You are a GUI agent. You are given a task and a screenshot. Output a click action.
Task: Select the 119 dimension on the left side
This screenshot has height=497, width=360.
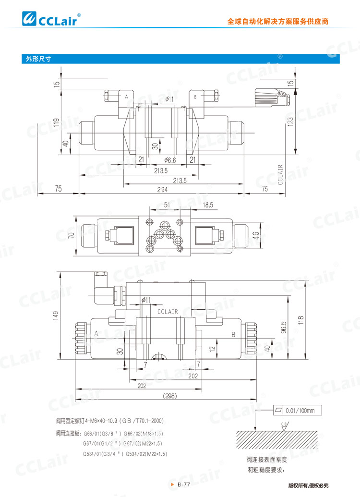(x=57, y=123)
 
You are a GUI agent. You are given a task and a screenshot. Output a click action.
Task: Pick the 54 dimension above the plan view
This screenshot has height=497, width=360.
(x=168, y=205)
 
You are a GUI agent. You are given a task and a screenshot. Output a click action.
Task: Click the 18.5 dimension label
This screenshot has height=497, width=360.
(x=207, y=205)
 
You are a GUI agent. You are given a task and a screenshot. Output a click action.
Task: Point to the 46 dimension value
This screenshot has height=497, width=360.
(x=257, y=235)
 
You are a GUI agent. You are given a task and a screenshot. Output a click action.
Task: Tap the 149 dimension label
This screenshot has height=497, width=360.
(x=56, y=315)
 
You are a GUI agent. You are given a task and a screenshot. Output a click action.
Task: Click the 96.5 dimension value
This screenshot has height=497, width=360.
(x=284, y=327)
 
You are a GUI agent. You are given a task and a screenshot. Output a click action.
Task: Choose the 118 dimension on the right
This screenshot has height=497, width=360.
(x=301, y=320)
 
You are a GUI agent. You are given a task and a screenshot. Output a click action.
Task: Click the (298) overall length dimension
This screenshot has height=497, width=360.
(x=170, y=396)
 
